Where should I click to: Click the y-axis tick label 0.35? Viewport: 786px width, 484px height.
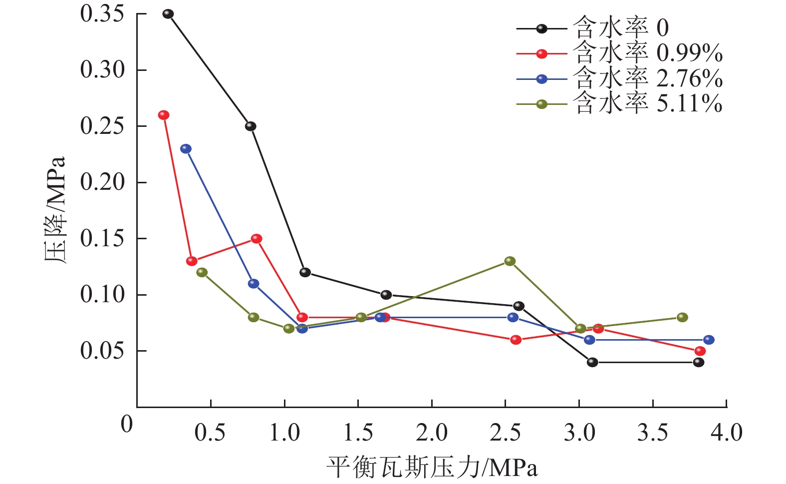[x=102, y=13]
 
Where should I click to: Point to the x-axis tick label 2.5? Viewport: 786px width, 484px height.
[x=505, y=433]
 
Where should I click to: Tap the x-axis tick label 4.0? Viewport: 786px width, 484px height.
[x=727, y=433]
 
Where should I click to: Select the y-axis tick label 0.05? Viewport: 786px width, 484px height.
[x=102, y=351]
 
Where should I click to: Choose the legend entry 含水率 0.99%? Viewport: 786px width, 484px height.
[x=647, y=53]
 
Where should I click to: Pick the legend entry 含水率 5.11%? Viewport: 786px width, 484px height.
[x=647, y=104]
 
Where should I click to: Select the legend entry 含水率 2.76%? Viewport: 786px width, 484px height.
[x=647, y=79]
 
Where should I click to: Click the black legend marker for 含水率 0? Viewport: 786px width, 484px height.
[x=542, y=29]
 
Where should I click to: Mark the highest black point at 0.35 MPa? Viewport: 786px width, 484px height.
[x=168, y=14]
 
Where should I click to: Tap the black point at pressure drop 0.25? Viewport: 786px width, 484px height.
[x=251, y=126]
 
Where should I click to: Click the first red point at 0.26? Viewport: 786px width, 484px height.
[x=164, y=115]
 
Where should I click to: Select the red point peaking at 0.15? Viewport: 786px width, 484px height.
[x=257, y=239]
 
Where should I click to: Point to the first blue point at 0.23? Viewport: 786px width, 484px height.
[x=186, y=149]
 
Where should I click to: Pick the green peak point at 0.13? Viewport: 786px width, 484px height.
[x=510, y=261]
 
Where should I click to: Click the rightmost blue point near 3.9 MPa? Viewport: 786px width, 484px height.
[x=709, y=340]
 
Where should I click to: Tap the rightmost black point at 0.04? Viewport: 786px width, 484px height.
[x=699, y=363]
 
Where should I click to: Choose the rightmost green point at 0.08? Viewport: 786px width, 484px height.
[x=683, y=318]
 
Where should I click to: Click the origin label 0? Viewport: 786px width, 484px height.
[x=127, y=425]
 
